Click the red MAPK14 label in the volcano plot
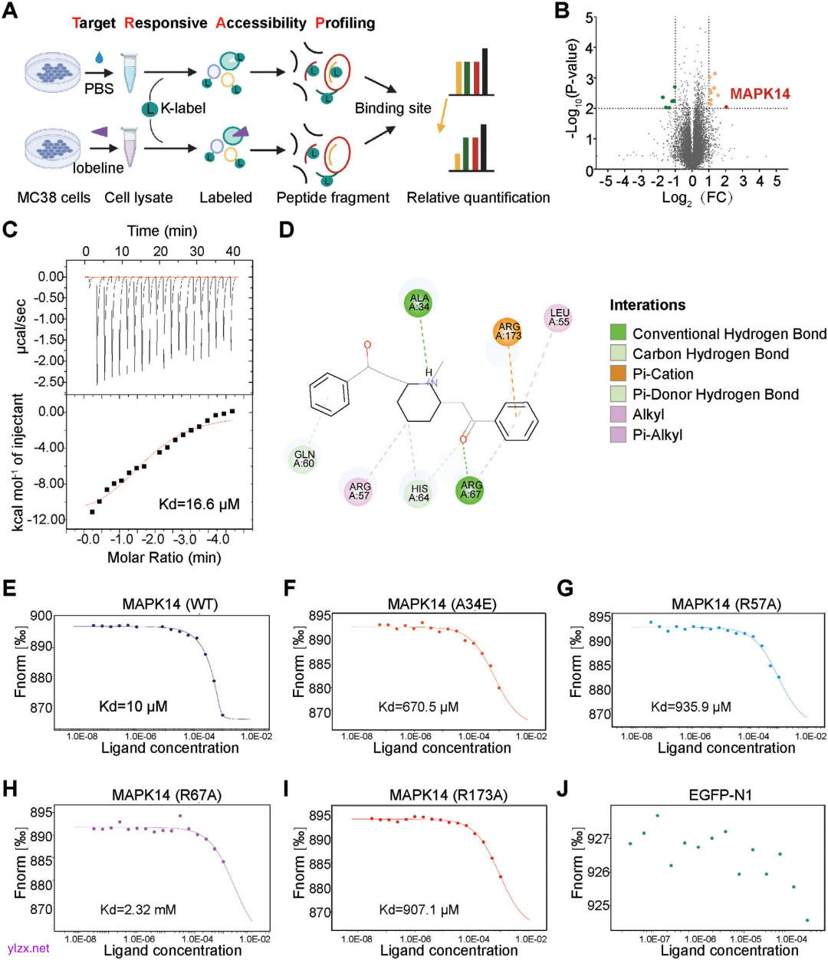[x=759, y=94]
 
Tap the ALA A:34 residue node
[x=419, y=303]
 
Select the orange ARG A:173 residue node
[x=508, y=331]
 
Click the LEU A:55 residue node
[x=559, y=317]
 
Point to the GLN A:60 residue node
[x=304, y=459]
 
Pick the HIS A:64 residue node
[x=419, y=493]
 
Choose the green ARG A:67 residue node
[x=471, y=490]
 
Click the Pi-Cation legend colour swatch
[x=618, y=373]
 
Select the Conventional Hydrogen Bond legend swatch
[x=618, y=333]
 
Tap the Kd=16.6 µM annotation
[x=199, y=504]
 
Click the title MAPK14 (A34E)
[x=442, y=604]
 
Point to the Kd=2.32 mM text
[x=138, y=909]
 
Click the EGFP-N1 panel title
[x=720, y=794]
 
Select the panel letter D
[x=287, y=229]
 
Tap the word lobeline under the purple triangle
[x=98, y=167]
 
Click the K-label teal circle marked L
[x=149, y=109]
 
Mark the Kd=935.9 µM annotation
[x=691, y=707]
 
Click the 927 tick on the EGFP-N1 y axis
[x=599, y=839]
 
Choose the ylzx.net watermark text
[x=28, y=948]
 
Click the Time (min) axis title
[x=162, y=231]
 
